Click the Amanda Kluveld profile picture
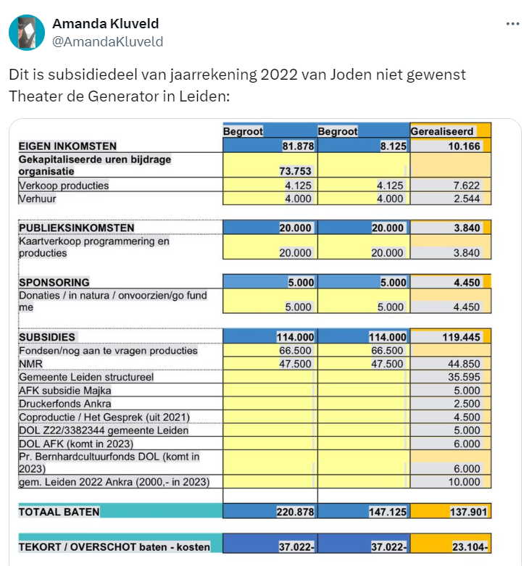pyautogui.click(x=26, y=33)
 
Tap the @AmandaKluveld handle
pyautogui.click(x=108, y=41)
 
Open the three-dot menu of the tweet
pyautogui.click(x=512, y=23)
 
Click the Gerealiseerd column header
pyautogui.click(x=442, y=131)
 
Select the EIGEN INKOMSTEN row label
pyautogui.click(x=67, y=146)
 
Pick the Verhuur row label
pyautogui.click(x=38, y=199)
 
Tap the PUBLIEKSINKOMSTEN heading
pyautogui.click(x=76, y=228)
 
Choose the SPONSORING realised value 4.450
pyautogui.click(x=467, y=282)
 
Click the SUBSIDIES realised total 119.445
pyautogui.click(x=461, y=337)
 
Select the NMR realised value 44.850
pyautogui.click(x=462, y=364)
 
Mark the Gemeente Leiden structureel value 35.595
pyautogui.click(x=462, y=377)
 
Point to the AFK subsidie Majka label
pyautogui.click(x=70, y=391)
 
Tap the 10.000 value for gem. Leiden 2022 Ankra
pyautogui.click(x=462, y=482)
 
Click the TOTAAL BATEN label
pyautogui.click(x=59, y=512)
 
